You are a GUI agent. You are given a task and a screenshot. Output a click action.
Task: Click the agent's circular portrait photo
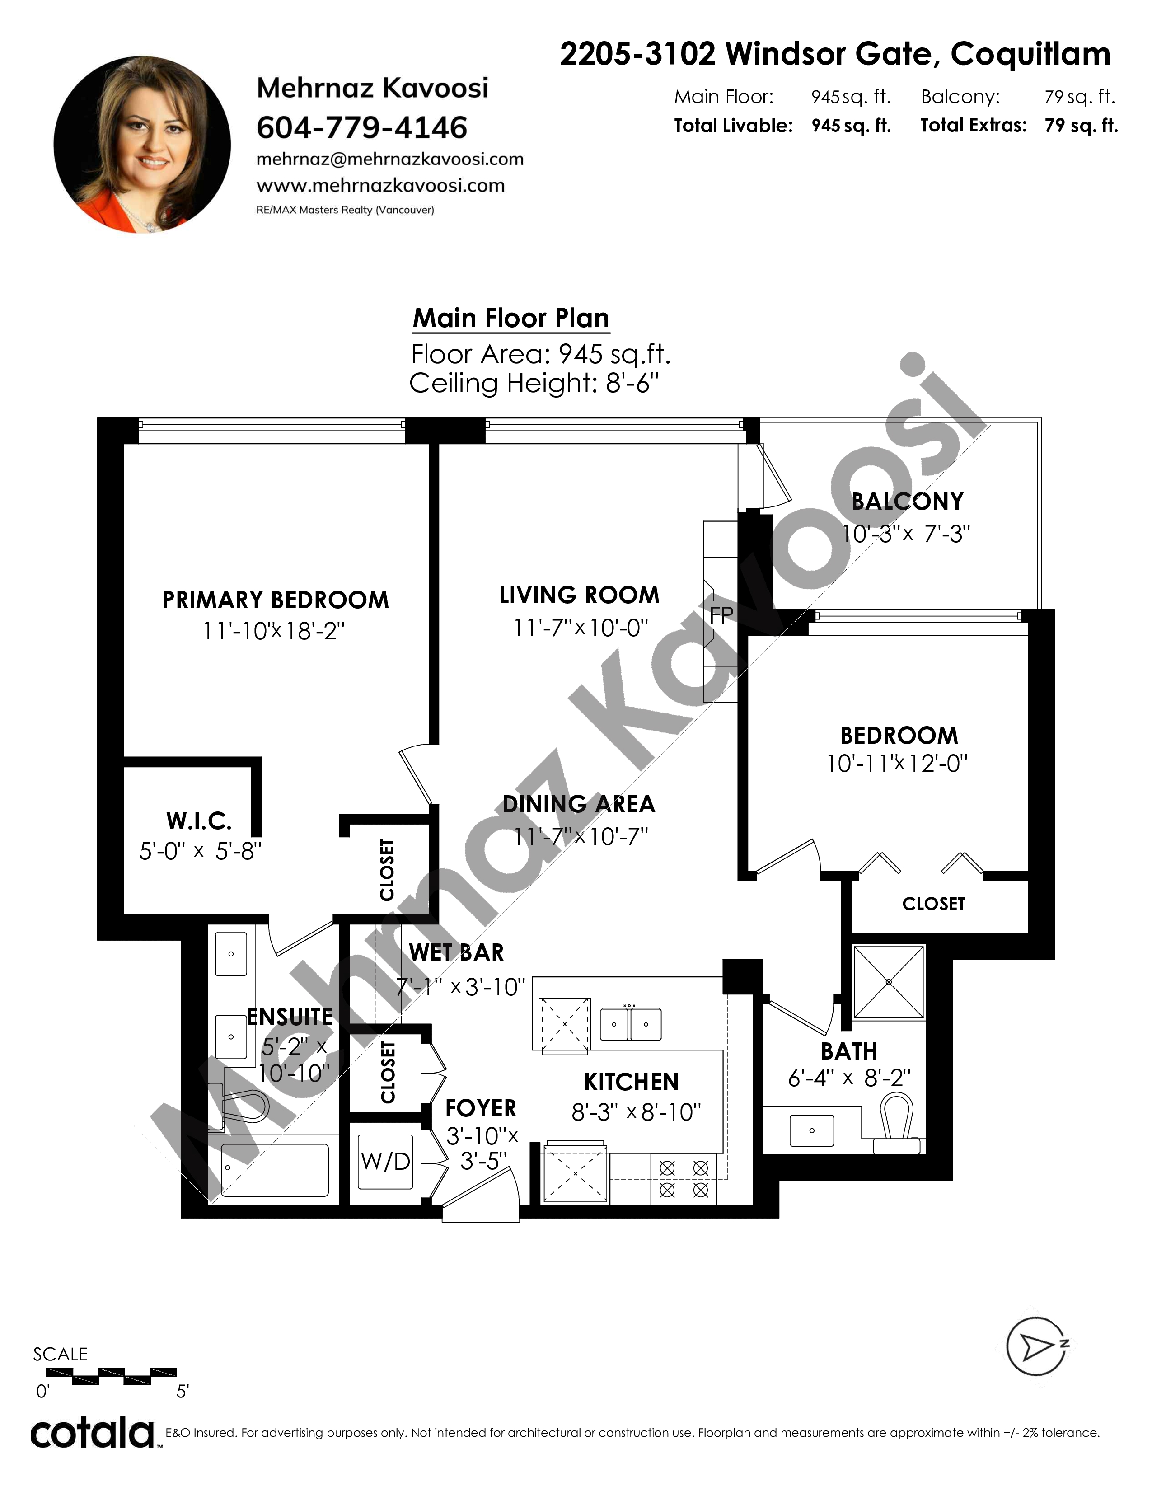142,145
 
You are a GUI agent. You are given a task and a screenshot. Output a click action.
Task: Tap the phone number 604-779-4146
362,128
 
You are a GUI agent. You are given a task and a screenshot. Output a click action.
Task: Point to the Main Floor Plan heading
511,318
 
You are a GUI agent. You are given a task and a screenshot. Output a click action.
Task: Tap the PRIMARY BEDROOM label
275,600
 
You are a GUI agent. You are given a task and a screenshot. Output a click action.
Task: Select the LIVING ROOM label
580,595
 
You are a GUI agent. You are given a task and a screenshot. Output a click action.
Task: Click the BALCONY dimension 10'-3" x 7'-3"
906,533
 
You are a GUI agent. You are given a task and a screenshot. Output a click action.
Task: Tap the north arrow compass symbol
1037,1346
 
